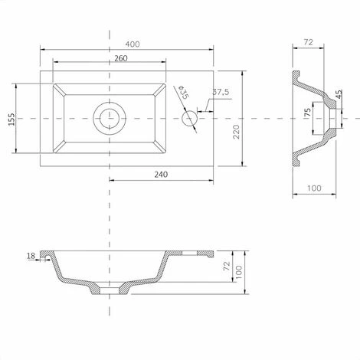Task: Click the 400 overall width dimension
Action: (x=133, y=44)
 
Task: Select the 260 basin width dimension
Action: (x=121, y=58)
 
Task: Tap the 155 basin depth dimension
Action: (x=11, y=119)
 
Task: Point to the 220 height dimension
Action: (x=236, y=132)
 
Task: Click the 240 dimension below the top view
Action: (x=161, y=175)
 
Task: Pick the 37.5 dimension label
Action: (x=221, y=92)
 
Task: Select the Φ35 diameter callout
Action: (x=183, y=92)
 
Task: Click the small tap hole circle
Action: (x=189, y=119)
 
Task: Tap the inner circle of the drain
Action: (x=110, y=119)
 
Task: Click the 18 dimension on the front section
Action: (x=31, y=256)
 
